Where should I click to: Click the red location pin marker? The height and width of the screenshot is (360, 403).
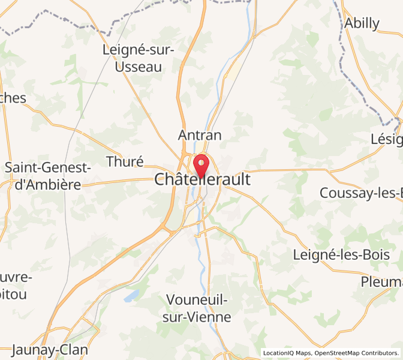(201, 165)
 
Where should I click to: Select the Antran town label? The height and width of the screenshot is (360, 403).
(200, 135)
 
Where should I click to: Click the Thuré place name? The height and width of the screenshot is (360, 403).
(125, 161)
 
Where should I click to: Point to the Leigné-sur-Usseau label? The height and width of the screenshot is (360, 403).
(139, 58)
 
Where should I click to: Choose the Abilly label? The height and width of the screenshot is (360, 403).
(362, 23)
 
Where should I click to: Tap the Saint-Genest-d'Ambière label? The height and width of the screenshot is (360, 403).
(47, 176)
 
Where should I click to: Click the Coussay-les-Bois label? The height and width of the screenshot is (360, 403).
(361, 193)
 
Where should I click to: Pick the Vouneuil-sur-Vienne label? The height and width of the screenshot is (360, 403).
(197, 308)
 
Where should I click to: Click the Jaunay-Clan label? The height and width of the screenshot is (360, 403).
(50, 350)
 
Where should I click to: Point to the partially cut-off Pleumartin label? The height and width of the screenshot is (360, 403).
(381, 281)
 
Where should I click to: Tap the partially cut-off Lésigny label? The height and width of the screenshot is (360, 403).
(386, 139)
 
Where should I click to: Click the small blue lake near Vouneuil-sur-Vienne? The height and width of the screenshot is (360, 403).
(131, 296)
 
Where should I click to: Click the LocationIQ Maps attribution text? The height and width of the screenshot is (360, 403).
(285, 353)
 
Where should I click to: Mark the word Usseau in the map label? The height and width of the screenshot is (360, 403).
(139, 67)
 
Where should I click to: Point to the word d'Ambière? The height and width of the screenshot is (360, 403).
(47, 184)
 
